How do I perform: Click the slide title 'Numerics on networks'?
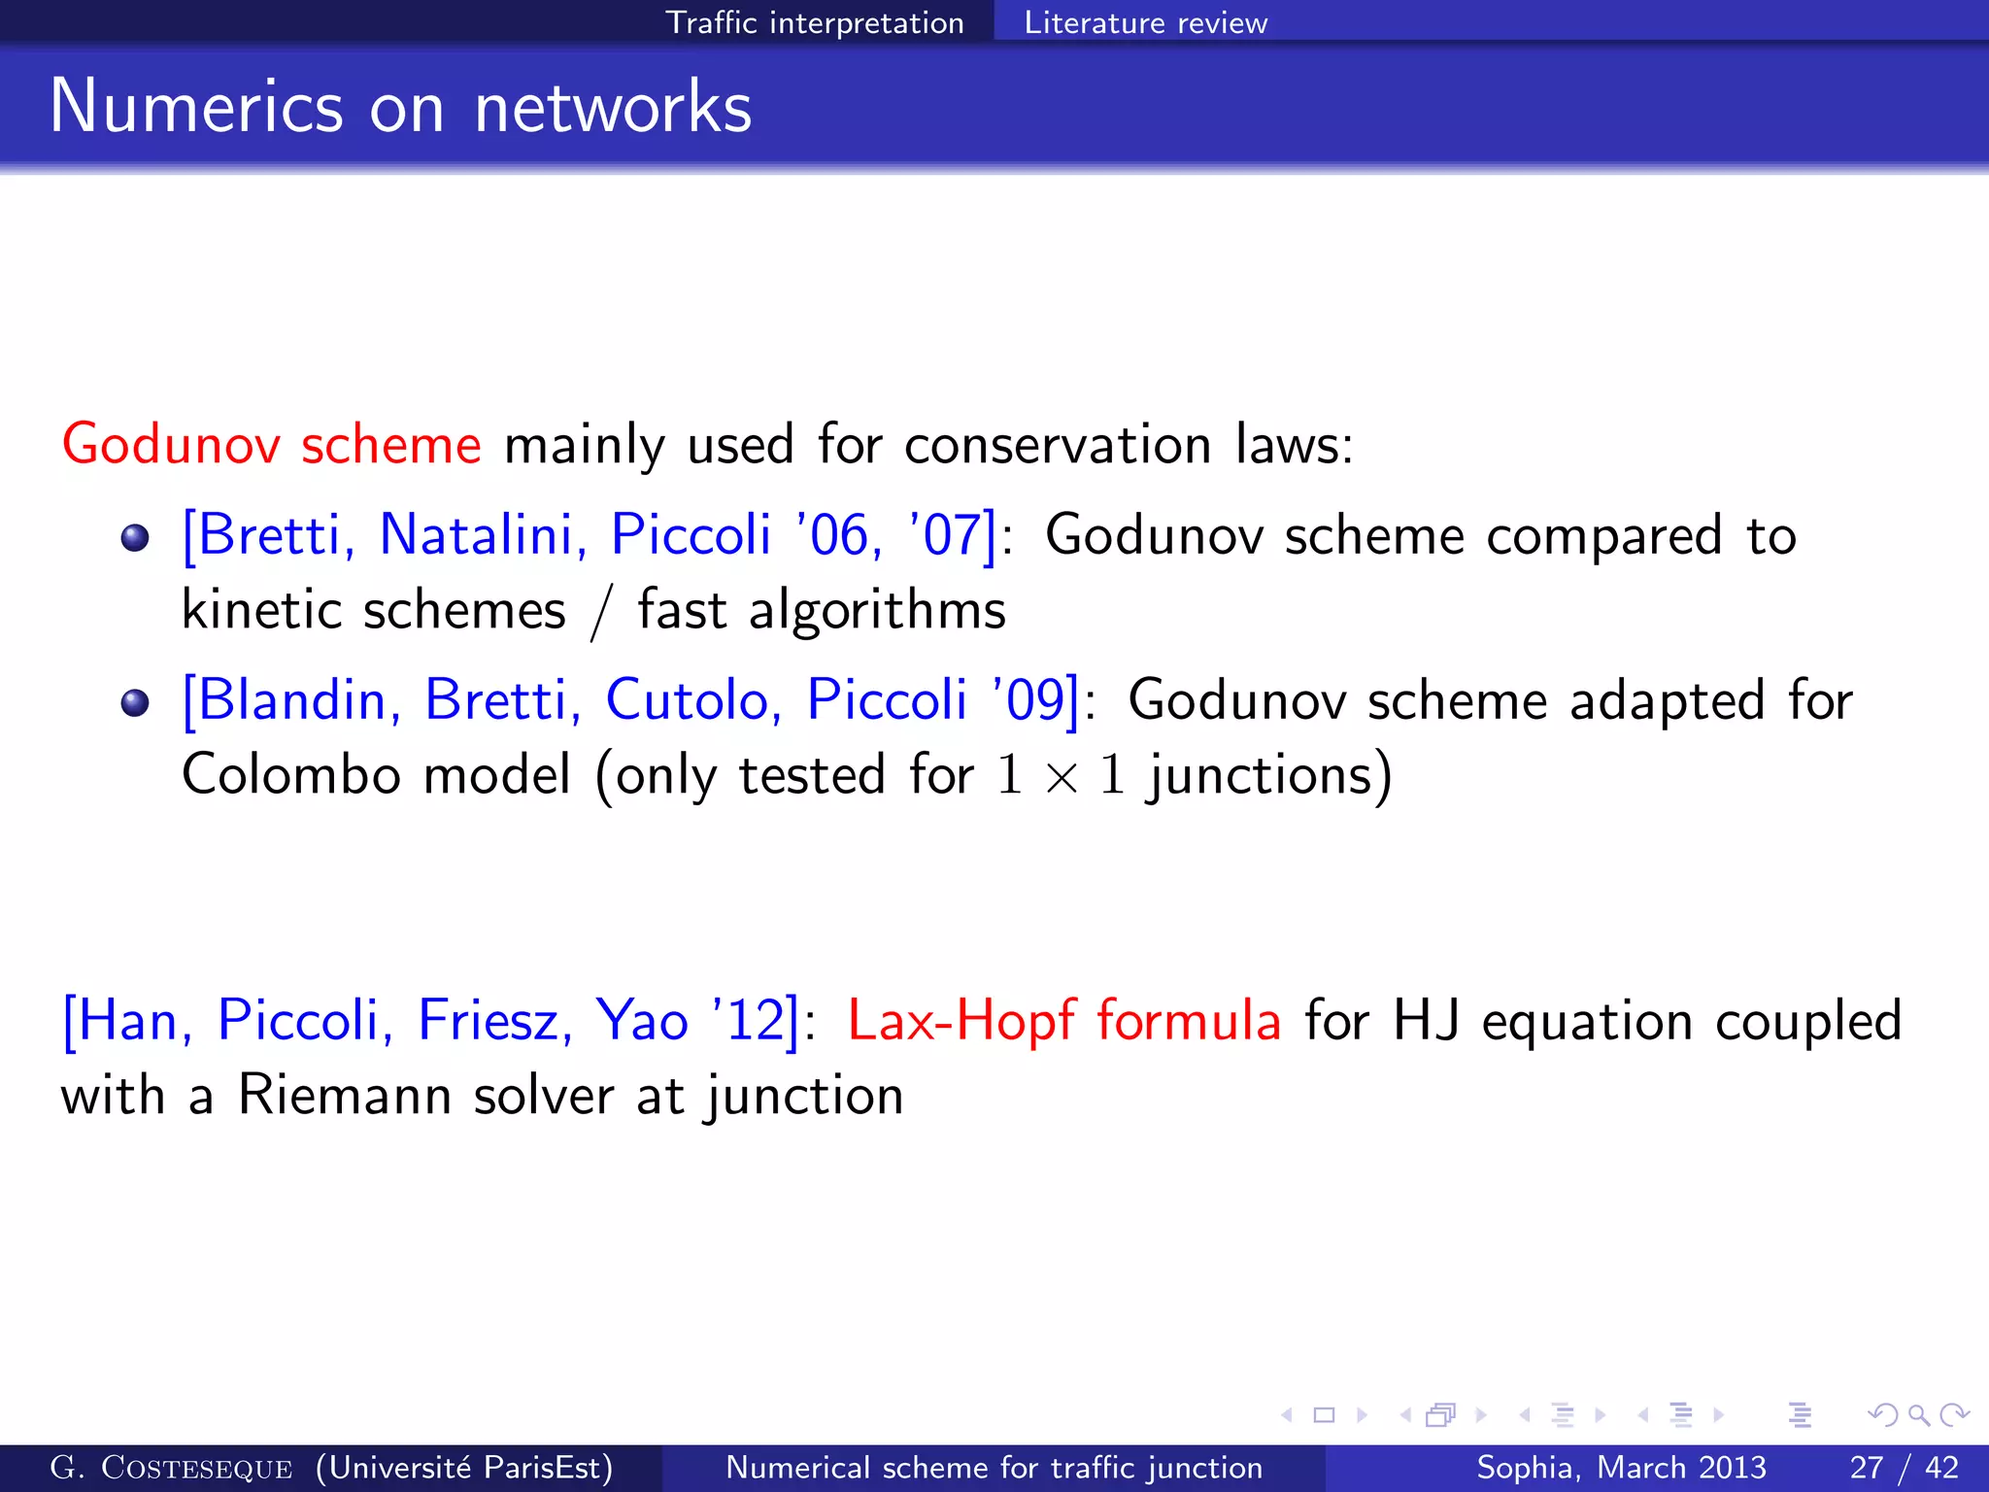coord(400,106)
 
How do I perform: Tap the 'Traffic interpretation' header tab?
coord(814,22)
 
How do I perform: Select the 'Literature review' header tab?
coord(1145,22)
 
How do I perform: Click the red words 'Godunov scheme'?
coord(272,445)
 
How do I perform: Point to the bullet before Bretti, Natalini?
coord(135,537)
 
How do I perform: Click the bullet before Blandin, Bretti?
coord(135,702)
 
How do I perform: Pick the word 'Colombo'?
coord(291,775)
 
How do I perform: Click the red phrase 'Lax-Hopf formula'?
coord(1064,1021)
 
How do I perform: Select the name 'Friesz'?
coord(493,1021)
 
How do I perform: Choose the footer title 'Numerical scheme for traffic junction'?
coord(994,1468)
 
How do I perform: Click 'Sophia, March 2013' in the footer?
coord(1621,1468)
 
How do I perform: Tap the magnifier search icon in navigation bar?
coord(1918,1415)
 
